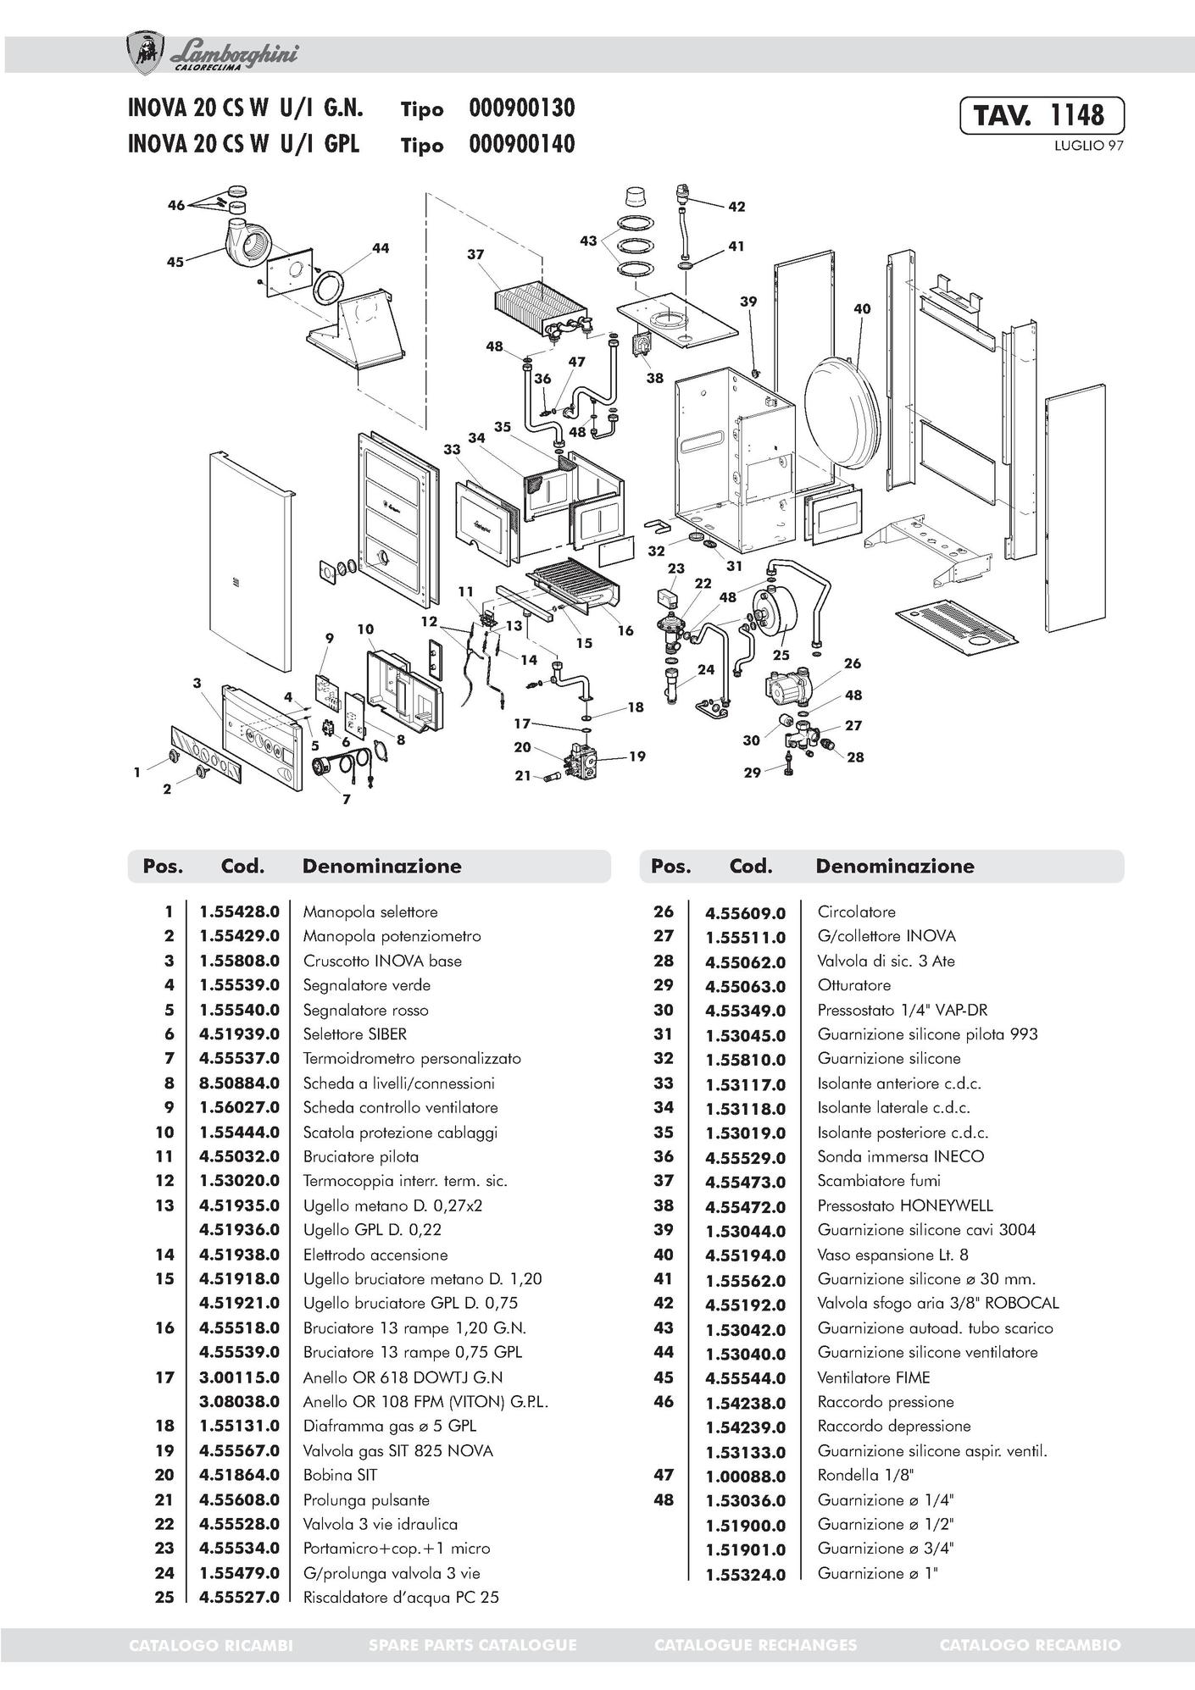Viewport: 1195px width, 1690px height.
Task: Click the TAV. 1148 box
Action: pos(1042,115)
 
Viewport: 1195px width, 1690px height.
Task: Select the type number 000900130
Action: pos(521,108)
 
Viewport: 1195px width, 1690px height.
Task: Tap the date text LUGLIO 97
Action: pos(1088,146)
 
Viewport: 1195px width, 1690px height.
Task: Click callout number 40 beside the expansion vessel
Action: pos(861,309)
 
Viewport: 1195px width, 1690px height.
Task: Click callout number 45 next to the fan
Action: pos(175,262)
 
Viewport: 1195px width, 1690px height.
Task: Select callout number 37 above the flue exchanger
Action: pos(475,254)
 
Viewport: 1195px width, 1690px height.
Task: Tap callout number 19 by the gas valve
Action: pos(637,756)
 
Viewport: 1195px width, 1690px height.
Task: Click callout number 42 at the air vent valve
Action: pos(736,206)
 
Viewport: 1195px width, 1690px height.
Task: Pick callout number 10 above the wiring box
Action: pos(365,629)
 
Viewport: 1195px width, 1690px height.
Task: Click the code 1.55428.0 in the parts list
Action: pos(239,912)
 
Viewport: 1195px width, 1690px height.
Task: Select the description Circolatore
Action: pos(856,912)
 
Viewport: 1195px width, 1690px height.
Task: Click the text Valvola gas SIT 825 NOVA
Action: pos(397,1450)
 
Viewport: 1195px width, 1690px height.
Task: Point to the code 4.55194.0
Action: pos(746,1255)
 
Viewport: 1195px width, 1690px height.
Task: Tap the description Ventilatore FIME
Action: pos(873,1377)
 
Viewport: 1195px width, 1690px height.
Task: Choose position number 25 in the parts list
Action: pos(164,1597)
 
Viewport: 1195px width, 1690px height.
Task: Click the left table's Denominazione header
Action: pos(381,866)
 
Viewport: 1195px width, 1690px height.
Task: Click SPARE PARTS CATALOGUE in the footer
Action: pos(472,1645)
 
